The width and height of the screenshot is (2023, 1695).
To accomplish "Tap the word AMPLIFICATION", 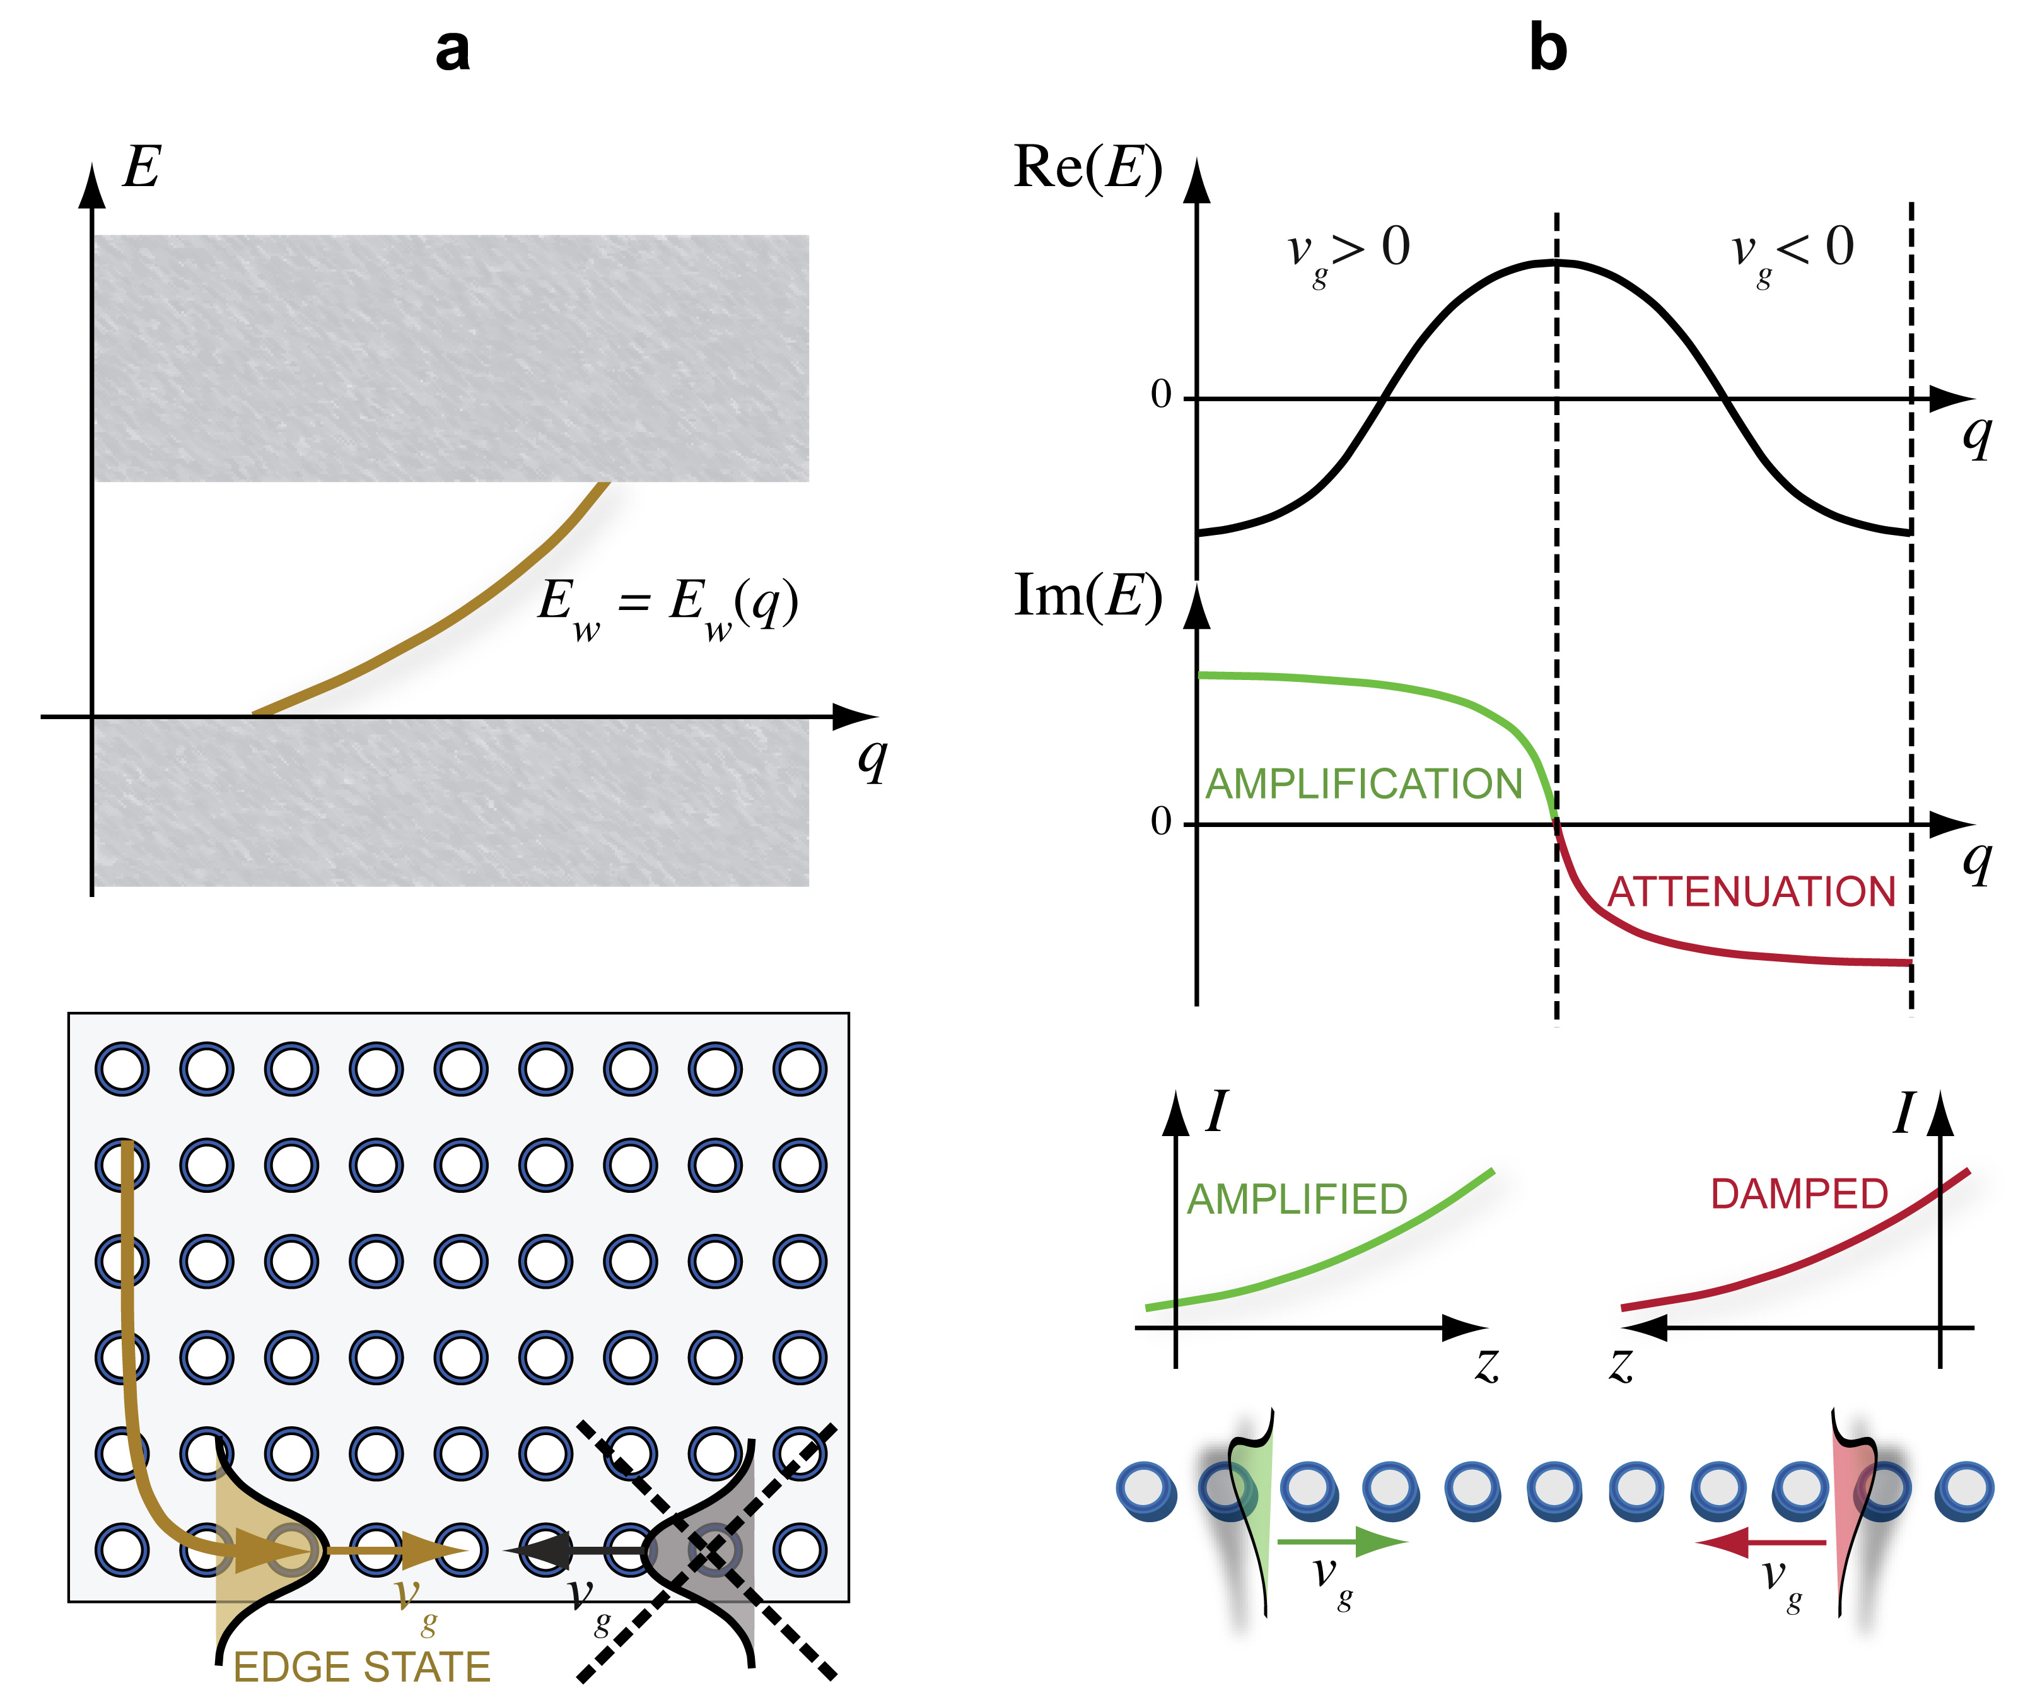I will coord(1363,784).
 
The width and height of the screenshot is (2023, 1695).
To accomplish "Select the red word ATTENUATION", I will coord(1751,893).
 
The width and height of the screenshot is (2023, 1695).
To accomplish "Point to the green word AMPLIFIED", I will coord(1297,1200).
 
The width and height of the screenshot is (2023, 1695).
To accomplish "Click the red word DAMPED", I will coord(1799,1195).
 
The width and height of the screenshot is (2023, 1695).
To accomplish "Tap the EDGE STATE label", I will coord(361,1667).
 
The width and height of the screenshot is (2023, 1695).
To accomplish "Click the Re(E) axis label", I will coord(1088,168).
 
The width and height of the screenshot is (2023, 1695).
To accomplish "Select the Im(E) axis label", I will coord(1088,597).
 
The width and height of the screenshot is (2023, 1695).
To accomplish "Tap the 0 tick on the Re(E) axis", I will coord(1161,394).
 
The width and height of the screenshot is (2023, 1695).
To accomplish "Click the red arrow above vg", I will coord(1761,1543).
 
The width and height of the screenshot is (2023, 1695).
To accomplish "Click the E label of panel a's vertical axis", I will coord(142,168).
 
